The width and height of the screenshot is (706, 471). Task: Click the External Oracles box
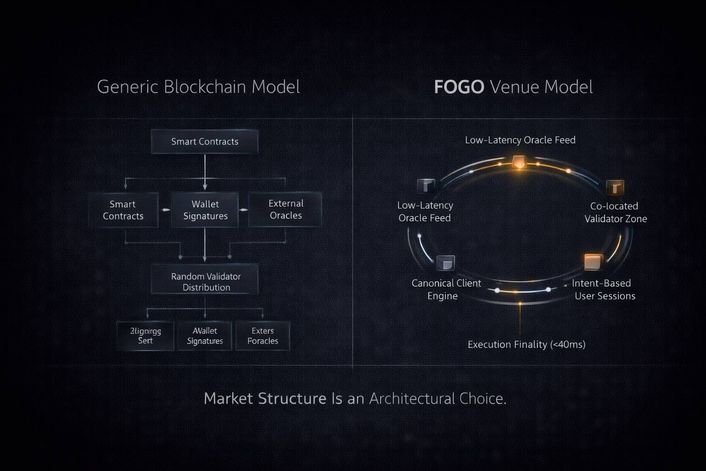click(x=285, y=209)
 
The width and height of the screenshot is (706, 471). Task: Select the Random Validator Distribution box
click(x=205, y=281)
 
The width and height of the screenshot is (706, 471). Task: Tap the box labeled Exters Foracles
click(x=262, y=336)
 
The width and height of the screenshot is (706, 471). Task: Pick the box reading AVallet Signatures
click(x=205, y=336)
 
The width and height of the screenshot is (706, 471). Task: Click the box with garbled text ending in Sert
click(x=145, y=336)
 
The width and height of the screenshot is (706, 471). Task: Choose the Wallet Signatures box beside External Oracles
click(x=205, y=210)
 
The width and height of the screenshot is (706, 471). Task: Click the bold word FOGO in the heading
click(x=459, y=87)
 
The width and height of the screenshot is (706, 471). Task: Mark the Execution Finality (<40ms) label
click(x=526, y=345)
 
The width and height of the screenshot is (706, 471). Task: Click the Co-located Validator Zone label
click(x=615, y=212)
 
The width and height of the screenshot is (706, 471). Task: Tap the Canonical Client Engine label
click(x=445, y=289)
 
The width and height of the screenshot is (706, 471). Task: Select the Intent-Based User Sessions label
click(x=604, y=289)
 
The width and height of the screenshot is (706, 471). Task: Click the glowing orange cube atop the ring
click(x=519, y=162)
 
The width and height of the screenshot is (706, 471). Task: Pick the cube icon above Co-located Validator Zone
click(x=615, y=187)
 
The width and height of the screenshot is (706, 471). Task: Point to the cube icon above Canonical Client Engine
click(x=445, y=263)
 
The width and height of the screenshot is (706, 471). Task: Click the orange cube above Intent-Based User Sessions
click(x=592, y=262)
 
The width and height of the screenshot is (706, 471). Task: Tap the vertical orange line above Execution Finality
click(x=520, y=320)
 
